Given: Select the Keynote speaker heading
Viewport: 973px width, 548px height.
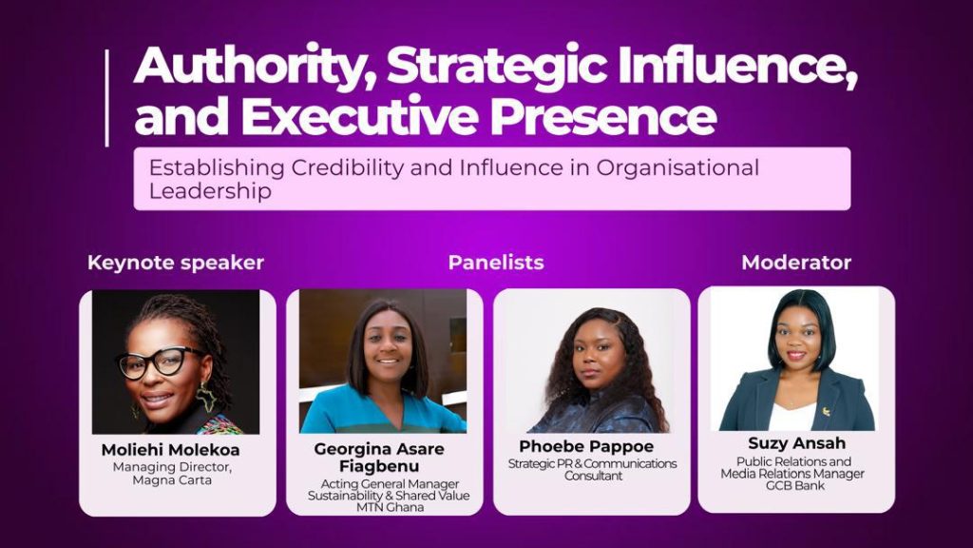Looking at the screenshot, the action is pos(176,263).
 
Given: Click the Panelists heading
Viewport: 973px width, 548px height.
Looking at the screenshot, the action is pos(496,263).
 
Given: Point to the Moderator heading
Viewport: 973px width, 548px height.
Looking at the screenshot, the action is pos(796,263).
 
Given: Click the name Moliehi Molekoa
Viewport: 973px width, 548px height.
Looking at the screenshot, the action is pos(171,449).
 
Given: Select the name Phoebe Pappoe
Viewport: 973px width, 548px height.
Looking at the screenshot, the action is pos(586,446).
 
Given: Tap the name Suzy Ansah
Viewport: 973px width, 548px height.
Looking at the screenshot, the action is pos(797,443).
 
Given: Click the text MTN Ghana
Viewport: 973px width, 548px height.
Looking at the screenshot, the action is pos(390,507).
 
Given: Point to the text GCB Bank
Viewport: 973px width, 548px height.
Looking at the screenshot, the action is pos(795,485).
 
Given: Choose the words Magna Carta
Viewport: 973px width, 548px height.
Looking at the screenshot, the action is pos(172,480).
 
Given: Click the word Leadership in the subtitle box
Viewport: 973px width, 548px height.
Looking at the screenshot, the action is pos(210,190).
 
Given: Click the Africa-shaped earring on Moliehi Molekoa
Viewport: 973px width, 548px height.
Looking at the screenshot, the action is pos(205,398).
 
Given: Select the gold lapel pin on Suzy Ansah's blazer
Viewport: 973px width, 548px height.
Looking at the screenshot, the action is pos(826,411).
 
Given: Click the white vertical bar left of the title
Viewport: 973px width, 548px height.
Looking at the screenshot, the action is pos(107,98).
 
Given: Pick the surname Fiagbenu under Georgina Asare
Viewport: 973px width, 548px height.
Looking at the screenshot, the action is pos(379,466).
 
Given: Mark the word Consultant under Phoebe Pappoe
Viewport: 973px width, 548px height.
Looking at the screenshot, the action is pos(593,476).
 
